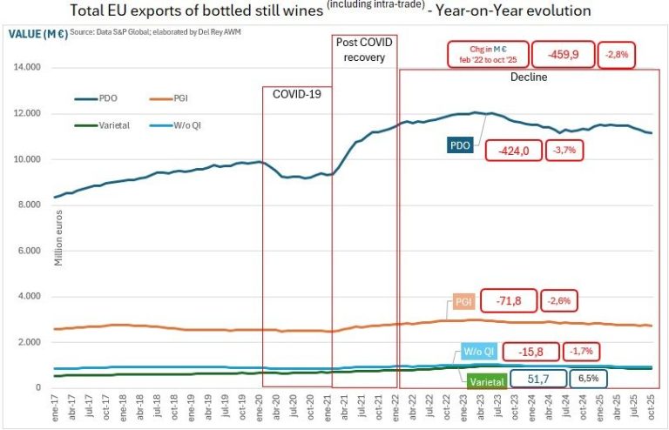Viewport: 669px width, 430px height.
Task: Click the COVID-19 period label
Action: [x=297, y=93]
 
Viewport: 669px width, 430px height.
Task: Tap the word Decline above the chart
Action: [x=529, y=77]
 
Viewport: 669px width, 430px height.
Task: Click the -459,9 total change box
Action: [x=562, y=54]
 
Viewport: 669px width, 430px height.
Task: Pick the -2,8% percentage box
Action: [x=618, y=54]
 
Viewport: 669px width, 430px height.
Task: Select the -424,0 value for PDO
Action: [x=514, y=151]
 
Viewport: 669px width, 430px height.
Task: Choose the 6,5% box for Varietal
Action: [x=588, y=379]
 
